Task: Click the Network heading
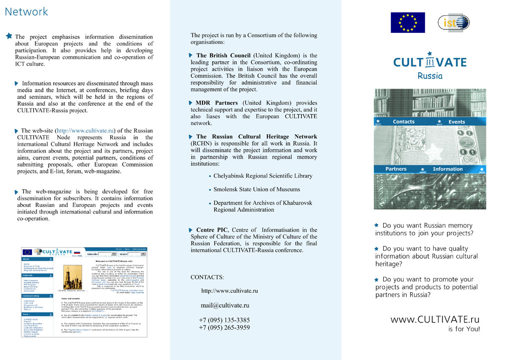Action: pyautogui.click(x=26, y=11)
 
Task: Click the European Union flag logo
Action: pyautogui.click(x=407, y=22)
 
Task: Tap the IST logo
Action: pyautogui.click(x=453, y=22)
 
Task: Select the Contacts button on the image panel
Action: pyautogui.click(x=403, y=122)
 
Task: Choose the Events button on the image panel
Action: pyautogui.click(x=456, y=122)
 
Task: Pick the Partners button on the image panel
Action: pyautogui.click(x=396, y=169)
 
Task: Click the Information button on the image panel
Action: pyautogui.click(x=448, y=169)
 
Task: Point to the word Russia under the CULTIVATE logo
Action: pyautogui.click(x=430, y=76)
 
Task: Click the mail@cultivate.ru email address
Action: pyautogui.click(x=225, y=306)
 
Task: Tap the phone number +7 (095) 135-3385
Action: pyautogui.click(x=224, y=320)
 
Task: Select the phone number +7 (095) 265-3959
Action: pyautogui.click(x=224, y=328)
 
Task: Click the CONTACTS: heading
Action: pyautogui.click(x=207, y=277)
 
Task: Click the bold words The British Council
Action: pyautogui.click(x=224, y=56)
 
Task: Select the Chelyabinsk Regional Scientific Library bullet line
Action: pyautogui.click(x=262, y=176)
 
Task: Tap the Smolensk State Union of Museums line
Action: pyautogui.click(x=256, y=189)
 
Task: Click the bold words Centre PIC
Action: pyautogui.click(x=213, y=230)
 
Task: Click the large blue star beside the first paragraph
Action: pyautogui.click(x=8, y=36)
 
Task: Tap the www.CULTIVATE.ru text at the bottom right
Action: pyautogui.click(x=435, y=319)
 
